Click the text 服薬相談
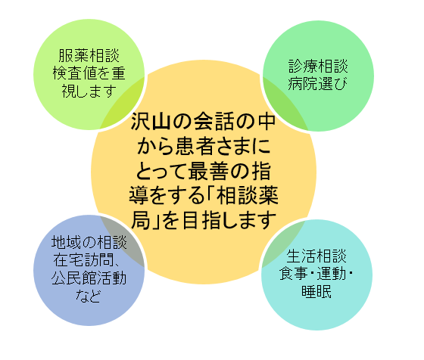pos(89,56)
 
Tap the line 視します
pos(89,91)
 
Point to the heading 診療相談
pos(318,66)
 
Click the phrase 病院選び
pos(318,83)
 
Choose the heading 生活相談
pos(316,256)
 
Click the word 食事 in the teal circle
pos(294,274)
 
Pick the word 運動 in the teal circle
pos(332,274)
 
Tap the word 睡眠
pos(316,291)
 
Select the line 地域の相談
pos(89,242)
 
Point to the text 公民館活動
pos(89,278)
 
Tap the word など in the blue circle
pos(89,296)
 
